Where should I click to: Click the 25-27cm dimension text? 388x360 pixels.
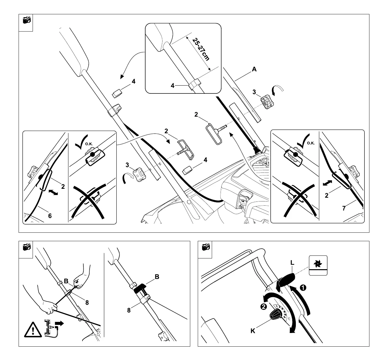[201, 49]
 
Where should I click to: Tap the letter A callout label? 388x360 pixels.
[254, 69]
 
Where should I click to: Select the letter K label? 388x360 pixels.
[253, 331]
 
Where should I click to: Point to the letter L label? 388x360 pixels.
[292, 262]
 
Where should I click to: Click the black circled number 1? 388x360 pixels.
[303, 288]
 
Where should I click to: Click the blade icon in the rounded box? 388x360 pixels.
[318, 262]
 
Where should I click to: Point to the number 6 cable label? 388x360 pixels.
[50, 215]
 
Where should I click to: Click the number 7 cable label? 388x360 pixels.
[344, 208]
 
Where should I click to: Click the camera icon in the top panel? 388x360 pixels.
[26, 21]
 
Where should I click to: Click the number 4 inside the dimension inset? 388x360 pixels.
[173, 86]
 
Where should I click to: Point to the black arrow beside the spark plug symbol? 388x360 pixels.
[60, 324]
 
